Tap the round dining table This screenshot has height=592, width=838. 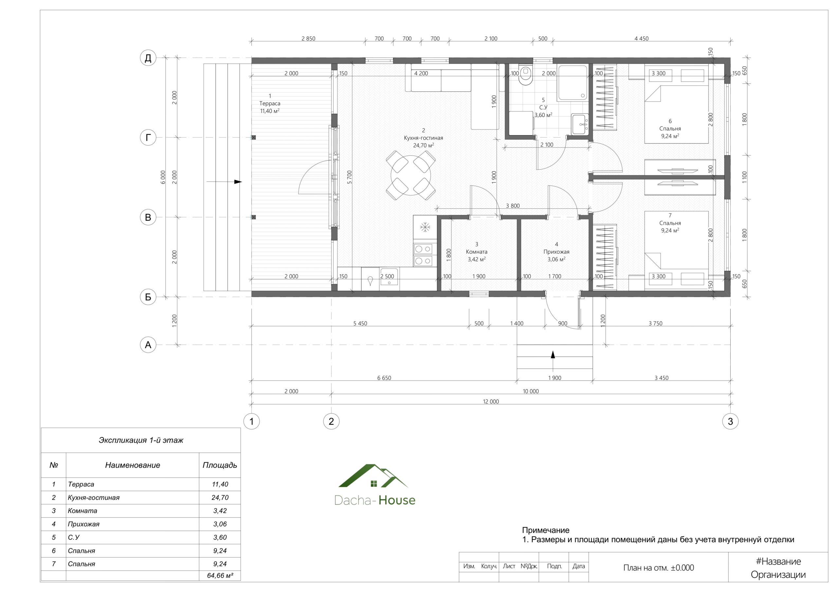click(410, 175)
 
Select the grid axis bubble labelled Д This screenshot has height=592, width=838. click(148, 58)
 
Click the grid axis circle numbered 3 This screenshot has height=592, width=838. click(730, 422)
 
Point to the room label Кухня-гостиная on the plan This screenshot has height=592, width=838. click(423, 138)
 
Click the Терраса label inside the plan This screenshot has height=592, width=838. click(270, 104)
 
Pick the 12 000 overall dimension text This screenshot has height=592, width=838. click(491, 402)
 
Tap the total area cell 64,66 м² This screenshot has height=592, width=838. click(220, 576)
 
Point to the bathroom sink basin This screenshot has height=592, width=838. click(580, 124)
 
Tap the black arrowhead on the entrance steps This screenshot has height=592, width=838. click(553, 354)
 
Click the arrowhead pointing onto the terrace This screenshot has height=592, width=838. click(238, 182)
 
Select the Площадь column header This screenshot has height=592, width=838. click(220, 465)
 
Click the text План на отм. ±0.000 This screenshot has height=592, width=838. click(658, 568)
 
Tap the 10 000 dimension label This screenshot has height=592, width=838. click(531, 392)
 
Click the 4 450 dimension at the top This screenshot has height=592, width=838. click(641, 39)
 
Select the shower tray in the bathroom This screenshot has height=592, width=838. click(572, 83)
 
